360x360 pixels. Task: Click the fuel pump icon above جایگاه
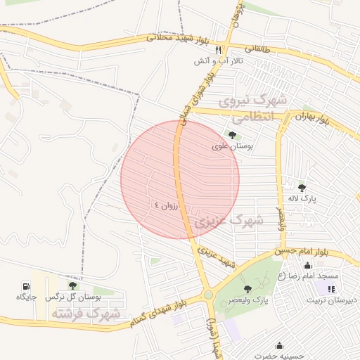27,286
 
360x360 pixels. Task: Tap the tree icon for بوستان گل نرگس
72,286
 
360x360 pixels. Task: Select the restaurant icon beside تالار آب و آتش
219,50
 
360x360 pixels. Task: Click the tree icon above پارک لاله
302,187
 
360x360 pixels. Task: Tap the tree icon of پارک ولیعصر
247,289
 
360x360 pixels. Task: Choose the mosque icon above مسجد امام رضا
307,265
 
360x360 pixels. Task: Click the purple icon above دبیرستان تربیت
331,288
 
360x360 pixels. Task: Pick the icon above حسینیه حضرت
280,345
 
